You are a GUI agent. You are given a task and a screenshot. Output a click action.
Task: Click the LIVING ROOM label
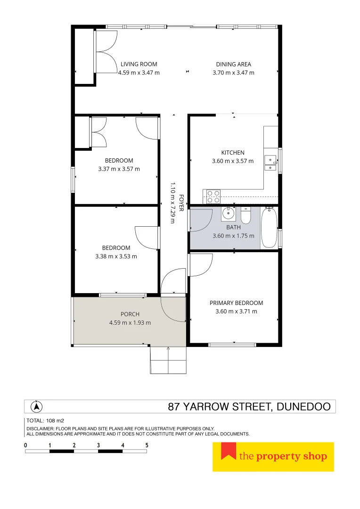(139, 64)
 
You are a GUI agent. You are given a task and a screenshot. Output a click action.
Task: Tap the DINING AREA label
(233, 64)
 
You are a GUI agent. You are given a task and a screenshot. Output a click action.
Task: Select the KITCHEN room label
(233, 152)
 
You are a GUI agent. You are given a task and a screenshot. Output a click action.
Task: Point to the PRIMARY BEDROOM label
(236, 303)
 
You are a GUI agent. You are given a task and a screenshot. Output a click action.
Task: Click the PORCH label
(130, 314)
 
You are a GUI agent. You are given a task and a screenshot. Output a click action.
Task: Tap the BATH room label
(233, 227)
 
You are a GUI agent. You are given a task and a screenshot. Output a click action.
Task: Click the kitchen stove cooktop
(213, 196)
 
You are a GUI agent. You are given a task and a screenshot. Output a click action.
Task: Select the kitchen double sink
(270, 163)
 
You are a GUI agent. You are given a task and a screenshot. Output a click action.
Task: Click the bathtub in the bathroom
(269, 227)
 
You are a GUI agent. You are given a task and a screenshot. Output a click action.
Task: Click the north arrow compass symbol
(36, 406)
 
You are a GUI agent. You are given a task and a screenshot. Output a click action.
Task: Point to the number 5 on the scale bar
(147, 445)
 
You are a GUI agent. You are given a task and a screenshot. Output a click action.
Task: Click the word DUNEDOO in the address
(303, 407)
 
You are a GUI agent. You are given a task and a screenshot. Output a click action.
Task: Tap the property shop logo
(273, 456)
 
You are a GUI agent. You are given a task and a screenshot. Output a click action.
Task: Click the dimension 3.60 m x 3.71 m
(236, 312)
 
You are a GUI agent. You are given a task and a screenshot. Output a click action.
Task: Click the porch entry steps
(168, 360)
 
